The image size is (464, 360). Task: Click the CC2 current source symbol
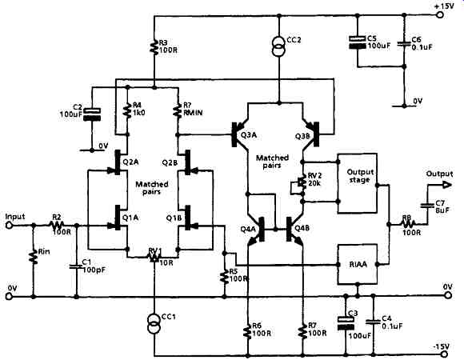[x=278, y=46]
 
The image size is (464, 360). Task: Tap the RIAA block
[x=358, y=264]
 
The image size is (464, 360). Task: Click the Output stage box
[x=358, y=183]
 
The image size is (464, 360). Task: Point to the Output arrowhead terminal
[x=447, y=185]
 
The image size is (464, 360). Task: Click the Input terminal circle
[x=9, y=225]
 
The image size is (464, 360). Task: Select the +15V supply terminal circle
[x=440, y=14]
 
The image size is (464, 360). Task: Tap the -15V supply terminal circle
[x=443, y=354]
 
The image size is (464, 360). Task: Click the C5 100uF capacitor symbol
[x=358, y=42]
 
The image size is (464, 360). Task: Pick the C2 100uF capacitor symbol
[x=92, y=114]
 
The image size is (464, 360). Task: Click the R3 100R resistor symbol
[x=154, y=48]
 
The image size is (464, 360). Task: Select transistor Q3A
[x=240, y=134]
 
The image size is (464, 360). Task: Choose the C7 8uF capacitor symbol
[x=427, y=205]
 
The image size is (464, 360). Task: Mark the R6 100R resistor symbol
[x=248, y=331]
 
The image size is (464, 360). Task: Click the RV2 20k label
[x=313, y=179]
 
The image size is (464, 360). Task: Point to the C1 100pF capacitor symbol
[x=76, y=266]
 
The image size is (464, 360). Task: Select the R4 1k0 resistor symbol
[x=127, y=110]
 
